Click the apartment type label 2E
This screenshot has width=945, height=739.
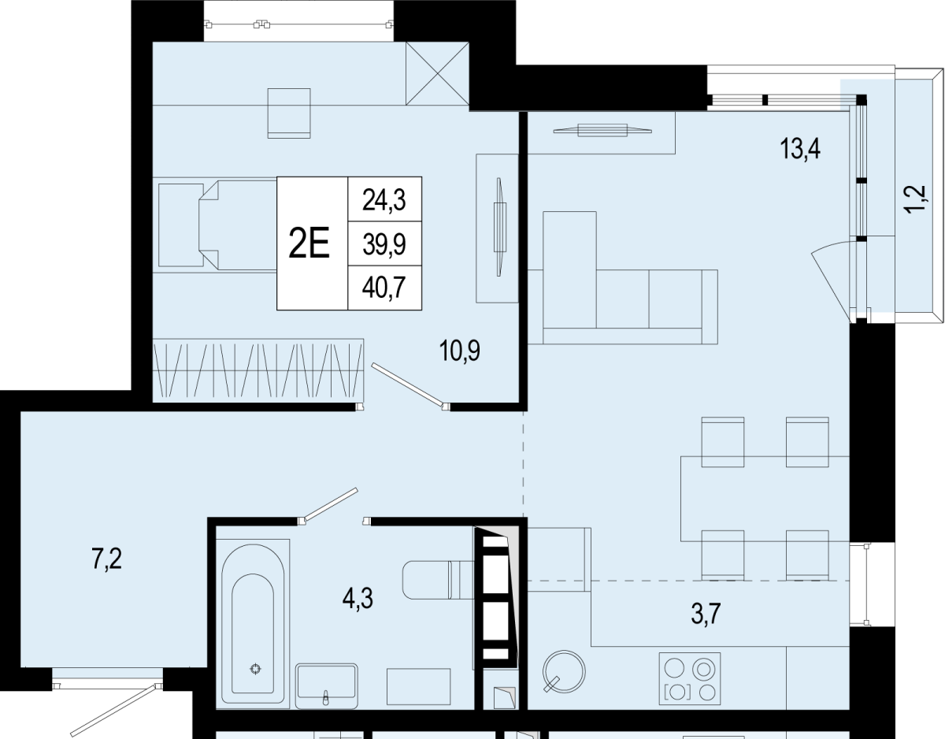(309, 243)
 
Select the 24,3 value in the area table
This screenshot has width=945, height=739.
(384, 201)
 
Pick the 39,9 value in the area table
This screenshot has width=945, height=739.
(384, 244)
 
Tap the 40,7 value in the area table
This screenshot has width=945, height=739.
(384, 288)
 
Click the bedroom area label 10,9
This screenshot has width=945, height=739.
(460, 351)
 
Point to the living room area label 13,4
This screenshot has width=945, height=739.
(800, 148)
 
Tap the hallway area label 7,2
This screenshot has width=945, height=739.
(107, 559)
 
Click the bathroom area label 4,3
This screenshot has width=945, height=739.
(358, 600)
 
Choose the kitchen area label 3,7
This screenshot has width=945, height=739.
(706, 614)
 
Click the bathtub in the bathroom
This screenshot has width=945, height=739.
(253, 624)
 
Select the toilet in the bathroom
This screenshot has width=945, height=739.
(438, 580)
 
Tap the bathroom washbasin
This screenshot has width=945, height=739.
(327, 686)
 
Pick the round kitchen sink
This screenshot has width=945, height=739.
(564, 671)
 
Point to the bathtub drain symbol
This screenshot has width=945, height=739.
(255, 669)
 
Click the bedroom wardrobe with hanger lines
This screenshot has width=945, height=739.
(258, 370)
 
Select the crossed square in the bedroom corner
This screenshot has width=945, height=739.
(437, 73)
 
